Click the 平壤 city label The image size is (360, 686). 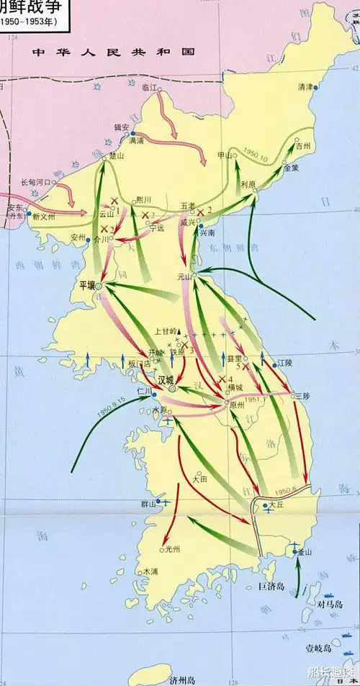87,285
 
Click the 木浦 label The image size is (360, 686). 150,572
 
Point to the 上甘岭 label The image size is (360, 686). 167,332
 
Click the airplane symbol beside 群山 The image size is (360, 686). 164,502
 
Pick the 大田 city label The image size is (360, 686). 201,477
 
